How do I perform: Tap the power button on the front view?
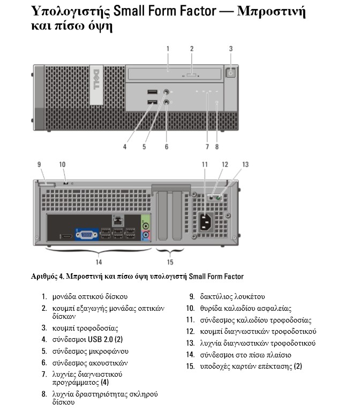coord(231,73)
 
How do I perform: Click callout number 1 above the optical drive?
coord(168,49)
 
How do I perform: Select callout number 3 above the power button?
coord(231,49)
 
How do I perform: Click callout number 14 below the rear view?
coord(98,262)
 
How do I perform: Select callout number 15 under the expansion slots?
coord(170,262)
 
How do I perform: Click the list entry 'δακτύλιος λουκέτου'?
coord(232,296)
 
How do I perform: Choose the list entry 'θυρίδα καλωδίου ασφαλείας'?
coord(245,308)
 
